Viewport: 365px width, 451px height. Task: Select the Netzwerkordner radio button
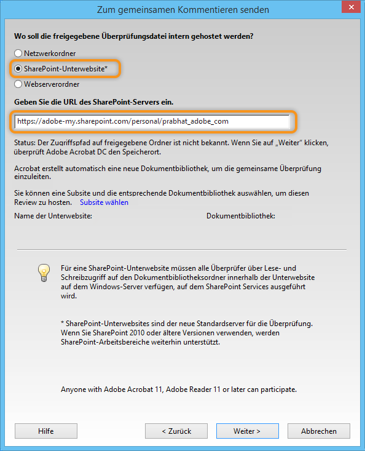18,54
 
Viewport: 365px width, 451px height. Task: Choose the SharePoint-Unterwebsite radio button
18,69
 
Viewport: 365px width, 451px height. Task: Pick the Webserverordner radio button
18,84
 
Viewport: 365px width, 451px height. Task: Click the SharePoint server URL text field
152,121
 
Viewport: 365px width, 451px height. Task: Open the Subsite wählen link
104,202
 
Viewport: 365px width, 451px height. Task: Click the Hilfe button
45,431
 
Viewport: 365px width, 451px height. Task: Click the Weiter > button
247,431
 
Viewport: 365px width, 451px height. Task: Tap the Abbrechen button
318,431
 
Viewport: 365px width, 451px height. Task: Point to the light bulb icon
43,271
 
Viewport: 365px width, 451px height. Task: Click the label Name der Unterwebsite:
53,216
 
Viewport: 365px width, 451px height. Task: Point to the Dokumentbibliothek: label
241,216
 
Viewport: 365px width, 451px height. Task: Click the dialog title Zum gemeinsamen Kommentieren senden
182,10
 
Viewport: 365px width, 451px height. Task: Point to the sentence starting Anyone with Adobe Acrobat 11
179,389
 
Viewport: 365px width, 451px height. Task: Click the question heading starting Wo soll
134,36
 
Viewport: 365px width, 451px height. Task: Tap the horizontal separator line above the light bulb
182,249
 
